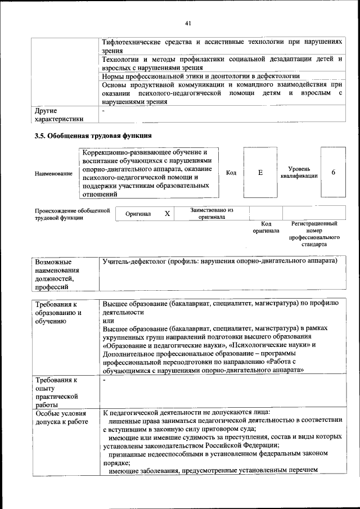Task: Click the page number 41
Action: [x=188, y=22]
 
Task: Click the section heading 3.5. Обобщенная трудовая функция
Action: [x=93, y=136]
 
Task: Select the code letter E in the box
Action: [x=260, y=173]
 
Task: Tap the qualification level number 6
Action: [x=334, y=172]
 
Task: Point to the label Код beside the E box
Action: [x=231, y=173]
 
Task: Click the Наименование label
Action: [x=53, y=174]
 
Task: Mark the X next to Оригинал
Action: [x=167, y=214]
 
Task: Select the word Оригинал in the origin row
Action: [x=138, y=214]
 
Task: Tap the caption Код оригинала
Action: [x=266, y=227]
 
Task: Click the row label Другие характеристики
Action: [x=58, y=115]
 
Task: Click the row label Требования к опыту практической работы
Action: [x=57, y=392]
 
